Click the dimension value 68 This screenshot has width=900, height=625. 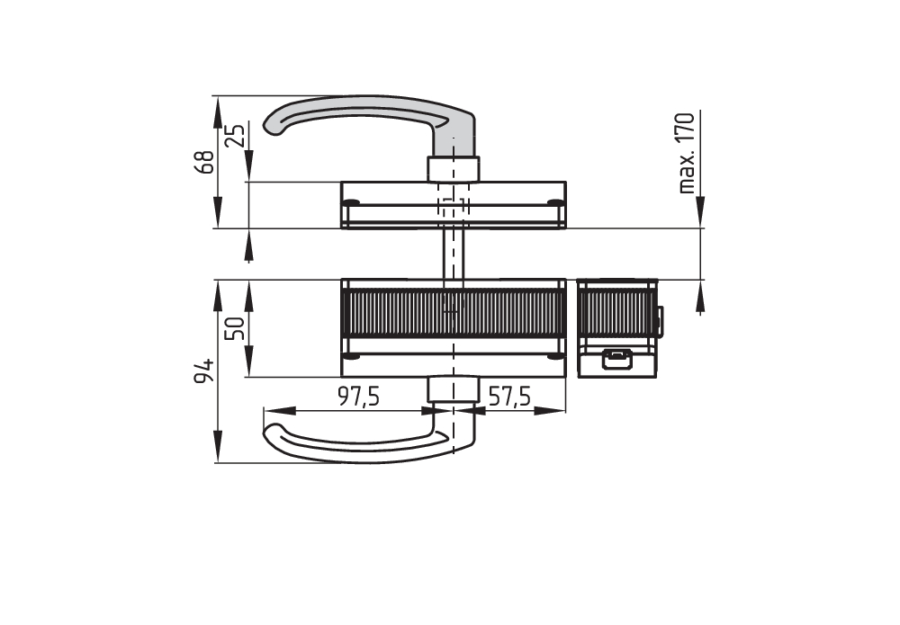[x=205, y=162]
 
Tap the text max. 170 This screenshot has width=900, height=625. [x=687, y=153]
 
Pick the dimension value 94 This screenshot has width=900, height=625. [x=205, y=371]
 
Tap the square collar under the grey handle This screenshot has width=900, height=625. [x=453, y=168]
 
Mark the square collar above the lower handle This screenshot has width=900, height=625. [x=452, y=388]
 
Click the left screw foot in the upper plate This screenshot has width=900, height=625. [x=352, y=201]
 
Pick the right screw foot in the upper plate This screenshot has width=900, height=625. [x=556, y=201]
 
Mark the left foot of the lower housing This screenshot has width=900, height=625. [x=352, y=356]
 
